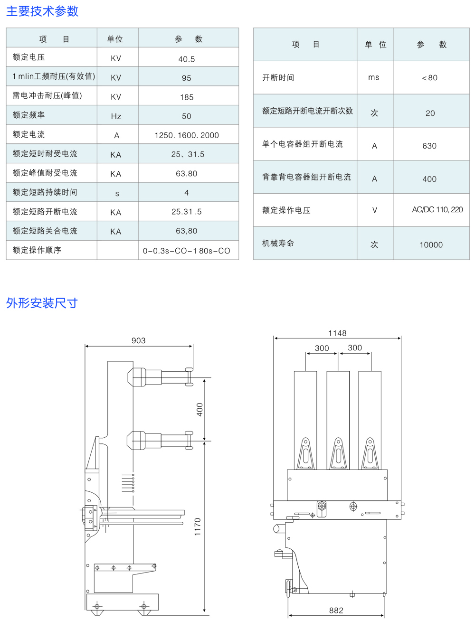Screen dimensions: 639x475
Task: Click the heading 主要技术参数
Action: [42, 11]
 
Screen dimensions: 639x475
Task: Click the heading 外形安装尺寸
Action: [42, 303]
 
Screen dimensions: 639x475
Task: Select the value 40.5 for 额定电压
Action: [187, 59]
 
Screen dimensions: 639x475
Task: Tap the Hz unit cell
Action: [116, 116]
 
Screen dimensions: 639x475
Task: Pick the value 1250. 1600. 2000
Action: [187, 135]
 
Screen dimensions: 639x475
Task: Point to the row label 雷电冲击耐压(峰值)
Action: [47, 96]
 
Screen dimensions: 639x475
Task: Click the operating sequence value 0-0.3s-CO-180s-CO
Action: [187, 251]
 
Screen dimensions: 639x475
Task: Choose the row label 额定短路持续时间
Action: [45, 192]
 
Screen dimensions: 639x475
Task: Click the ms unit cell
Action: [374, 77]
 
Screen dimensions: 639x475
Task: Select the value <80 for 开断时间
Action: [429, 78]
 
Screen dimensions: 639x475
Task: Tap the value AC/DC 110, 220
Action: [437, 209]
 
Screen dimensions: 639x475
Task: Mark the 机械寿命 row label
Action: [278, 243]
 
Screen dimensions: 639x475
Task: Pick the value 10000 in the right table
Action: [431, 245]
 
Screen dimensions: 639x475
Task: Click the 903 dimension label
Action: [139, 340]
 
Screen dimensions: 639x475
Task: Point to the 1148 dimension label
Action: [337, 333]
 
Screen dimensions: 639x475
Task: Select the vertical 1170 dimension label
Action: [198, 527]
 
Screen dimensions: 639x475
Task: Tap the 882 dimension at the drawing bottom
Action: [336, 611]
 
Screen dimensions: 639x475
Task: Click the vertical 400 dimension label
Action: [199, 410]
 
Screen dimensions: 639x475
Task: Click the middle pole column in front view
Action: [338, 413]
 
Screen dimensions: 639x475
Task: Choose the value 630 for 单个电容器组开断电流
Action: [429, 146]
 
